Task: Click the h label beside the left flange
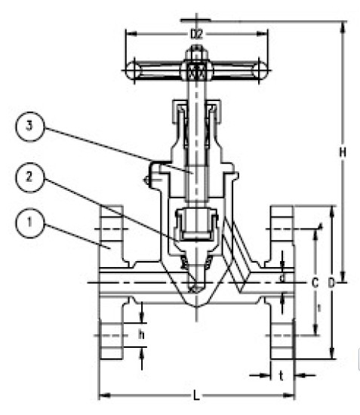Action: pyautogui.click(x=141, y=333)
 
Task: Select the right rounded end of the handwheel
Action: pyautogui.click(x=260, y=72)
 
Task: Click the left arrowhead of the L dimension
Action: pyautogui.click(x=102, y=395)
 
